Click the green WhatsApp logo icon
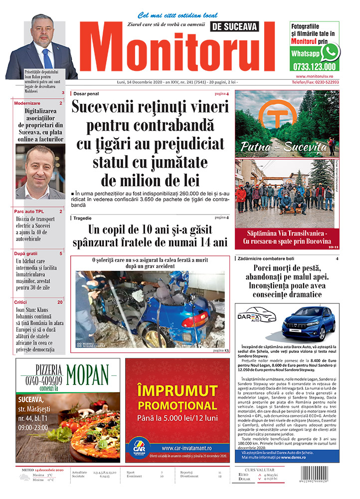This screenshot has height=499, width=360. coord(330,52)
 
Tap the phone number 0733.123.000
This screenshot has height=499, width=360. coord(314,66)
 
